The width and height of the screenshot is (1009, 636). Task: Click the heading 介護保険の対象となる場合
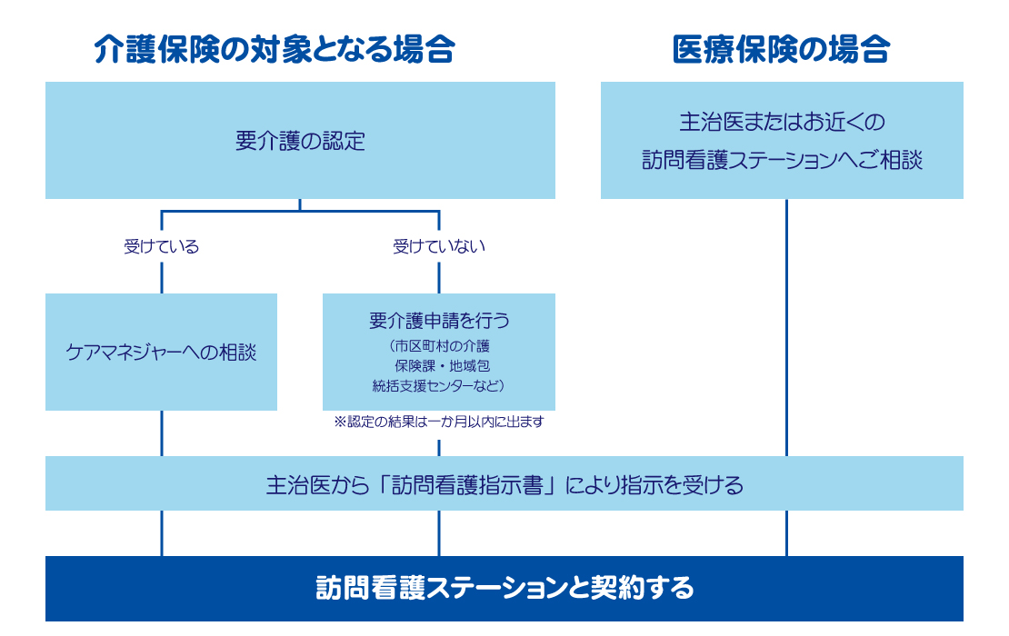[275, 49]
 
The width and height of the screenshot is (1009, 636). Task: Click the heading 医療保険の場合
[781, 49]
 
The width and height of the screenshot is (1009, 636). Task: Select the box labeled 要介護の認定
[300, 140]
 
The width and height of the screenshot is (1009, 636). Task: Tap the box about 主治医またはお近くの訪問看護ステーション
[782, 140]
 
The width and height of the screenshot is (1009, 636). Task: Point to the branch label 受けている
[162, 246]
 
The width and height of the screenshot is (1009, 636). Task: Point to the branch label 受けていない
[439, 246]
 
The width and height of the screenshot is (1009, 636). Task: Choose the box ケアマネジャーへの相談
[162, 352]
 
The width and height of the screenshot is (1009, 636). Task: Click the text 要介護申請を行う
[440, 320]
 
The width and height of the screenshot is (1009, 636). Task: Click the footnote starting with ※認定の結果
[439, 422]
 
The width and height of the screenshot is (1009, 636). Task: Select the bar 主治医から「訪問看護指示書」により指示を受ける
[504, 483]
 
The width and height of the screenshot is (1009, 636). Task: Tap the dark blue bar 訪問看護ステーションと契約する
[504, 589]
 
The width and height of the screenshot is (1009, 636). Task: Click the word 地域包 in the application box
[470, 366]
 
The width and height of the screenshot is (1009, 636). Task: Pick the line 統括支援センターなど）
[439, 386]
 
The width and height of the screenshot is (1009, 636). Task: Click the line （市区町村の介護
[439, 346]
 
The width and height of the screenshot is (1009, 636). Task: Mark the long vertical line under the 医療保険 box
[786, 328]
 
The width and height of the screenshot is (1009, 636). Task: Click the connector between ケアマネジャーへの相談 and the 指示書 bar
[162, 433]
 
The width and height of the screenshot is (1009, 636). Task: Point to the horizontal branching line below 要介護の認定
[300, 211]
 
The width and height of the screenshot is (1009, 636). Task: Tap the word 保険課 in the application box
[415, 366]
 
